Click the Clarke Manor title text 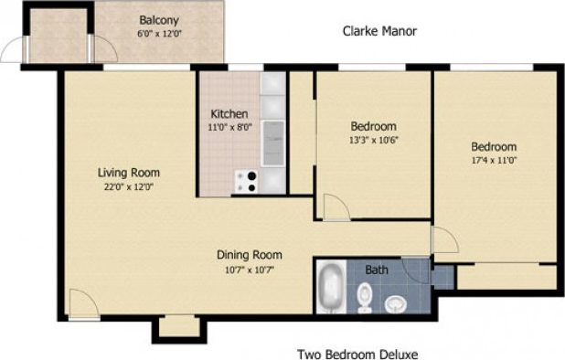point(379,31)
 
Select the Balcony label point(158,19)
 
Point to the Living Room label point(129,172)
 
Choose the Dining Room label point(249,255)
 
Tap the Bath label point(376,270)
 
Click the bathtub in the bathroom point(330,289)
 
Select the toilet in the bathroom point(365,296)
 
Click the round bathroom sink point(396,302)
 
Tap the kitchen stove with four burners point(245,182)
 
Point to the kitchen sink point(272,142)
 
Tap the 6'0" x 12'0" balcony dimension point(158,33)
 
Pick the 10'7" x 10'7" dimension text point(248,269)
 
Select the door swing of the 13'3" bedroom point(334,206)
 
